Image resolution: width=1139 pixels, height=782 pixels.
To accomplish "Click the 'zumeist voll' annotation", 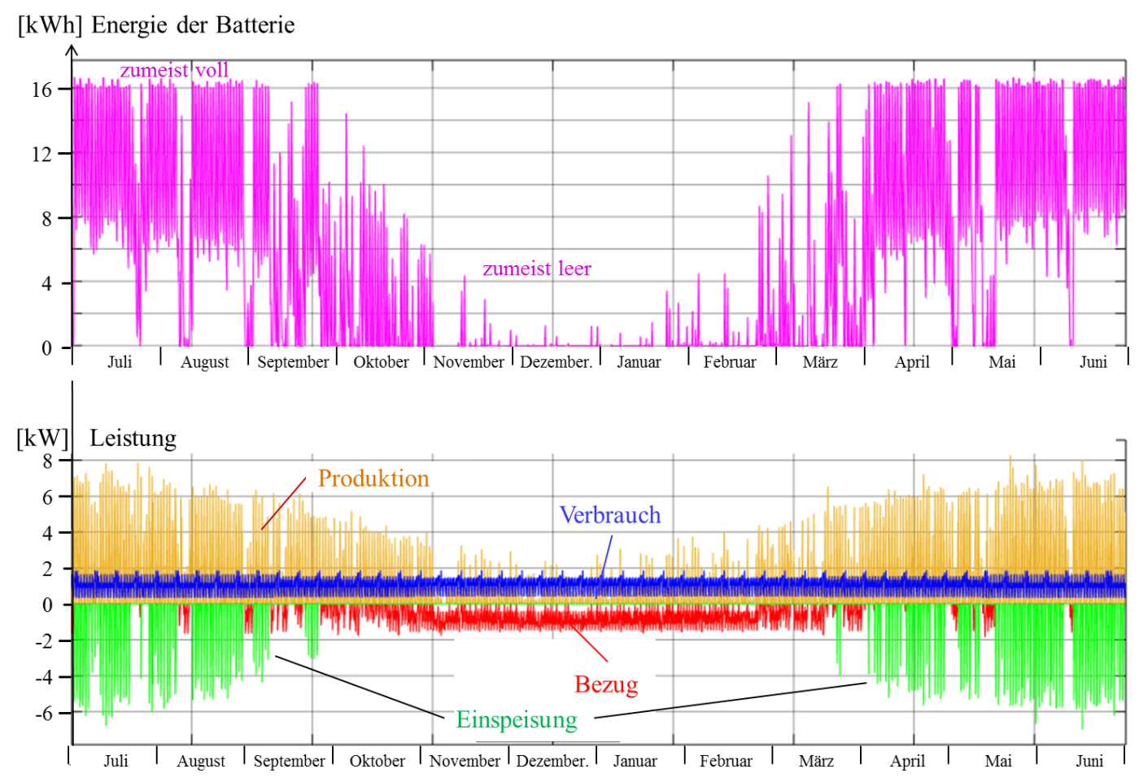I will (x=174, y=71).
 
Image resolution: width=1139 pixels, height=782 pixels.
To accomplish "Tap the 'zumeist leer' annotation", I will (x=537, y=269).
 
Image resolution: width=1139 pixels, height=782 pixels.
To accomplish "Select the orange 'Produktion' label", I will (x=373, y=478).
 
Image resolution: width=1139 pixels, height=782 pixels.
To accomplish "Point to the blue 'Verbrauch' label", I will (x=610, y=515).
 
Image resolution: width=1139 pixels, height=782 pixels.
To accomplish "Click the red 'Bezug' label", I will (x=606, y=684).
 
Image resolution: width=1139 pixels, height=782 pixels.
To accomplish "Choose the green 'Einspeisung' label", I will (x=517, y=720).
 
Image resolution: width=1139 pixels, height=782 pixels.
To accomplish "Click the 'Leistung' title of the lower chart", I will (x=133, y=439).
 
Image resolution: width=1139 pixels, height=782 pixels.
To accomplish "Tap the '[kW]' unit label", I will (x=42, y=439).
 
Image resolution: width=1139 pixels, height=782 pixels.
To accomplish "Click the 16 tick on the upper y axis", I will (x=41, y=90).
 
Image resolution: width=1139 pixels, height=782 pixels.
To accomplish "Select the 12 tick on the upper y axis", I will (x=41, y=154).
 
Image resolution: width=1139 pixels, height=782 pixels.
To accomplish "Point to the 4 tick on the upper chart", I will (x=46, y=283).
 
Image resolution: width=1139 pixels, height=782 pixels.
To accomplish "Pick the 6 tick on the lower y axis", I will (x=47, y=497).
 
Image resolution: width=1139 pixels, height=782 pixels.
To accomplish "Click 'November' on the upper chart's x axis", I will (x=469, y=362).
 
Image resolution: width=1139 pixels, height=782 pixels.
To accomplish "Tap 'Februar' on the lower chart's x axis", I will (x=726, y=761).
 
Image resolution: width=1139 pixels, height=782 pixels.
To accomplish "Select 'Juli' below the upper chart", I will (x=120, y=362).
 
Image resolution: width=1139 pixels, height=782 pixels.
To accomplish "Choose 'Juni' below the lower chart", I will (x=1089, y=761).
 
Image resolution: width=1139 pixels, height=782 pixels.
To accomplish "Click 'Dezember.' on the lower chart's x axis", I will (x=552, y=761).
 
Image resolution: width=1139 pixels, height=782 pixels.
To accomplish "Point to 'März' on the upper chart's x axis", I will (x=820, y=362).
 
